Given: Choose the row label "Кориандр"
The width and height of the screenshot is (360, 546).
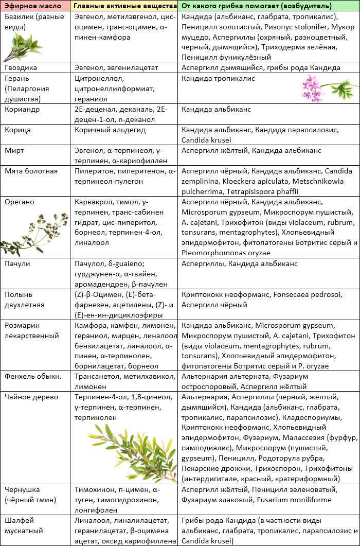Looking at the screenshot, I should pyautogui.click(x=22, y=109).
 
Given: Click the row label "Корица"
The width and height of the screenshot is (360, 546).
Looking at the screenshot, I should pyautogui.click(x=18, y=130).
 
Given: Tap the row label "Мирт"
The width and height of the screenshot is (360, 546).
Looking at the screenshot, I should pyautogui.click(x=14, y=150).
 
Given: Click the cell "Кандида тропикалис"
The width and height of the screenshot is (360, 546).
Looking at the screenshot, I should pyautogui.click(x=218, y=78).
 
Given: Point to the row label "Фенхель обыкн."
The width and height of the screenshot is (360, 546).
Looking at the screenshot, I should pyautogui.click(x=32, y=377).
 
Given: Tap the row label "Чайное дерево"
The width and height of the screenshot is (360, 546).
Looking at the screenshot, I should pyautogui.click(x=31, y=397).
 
